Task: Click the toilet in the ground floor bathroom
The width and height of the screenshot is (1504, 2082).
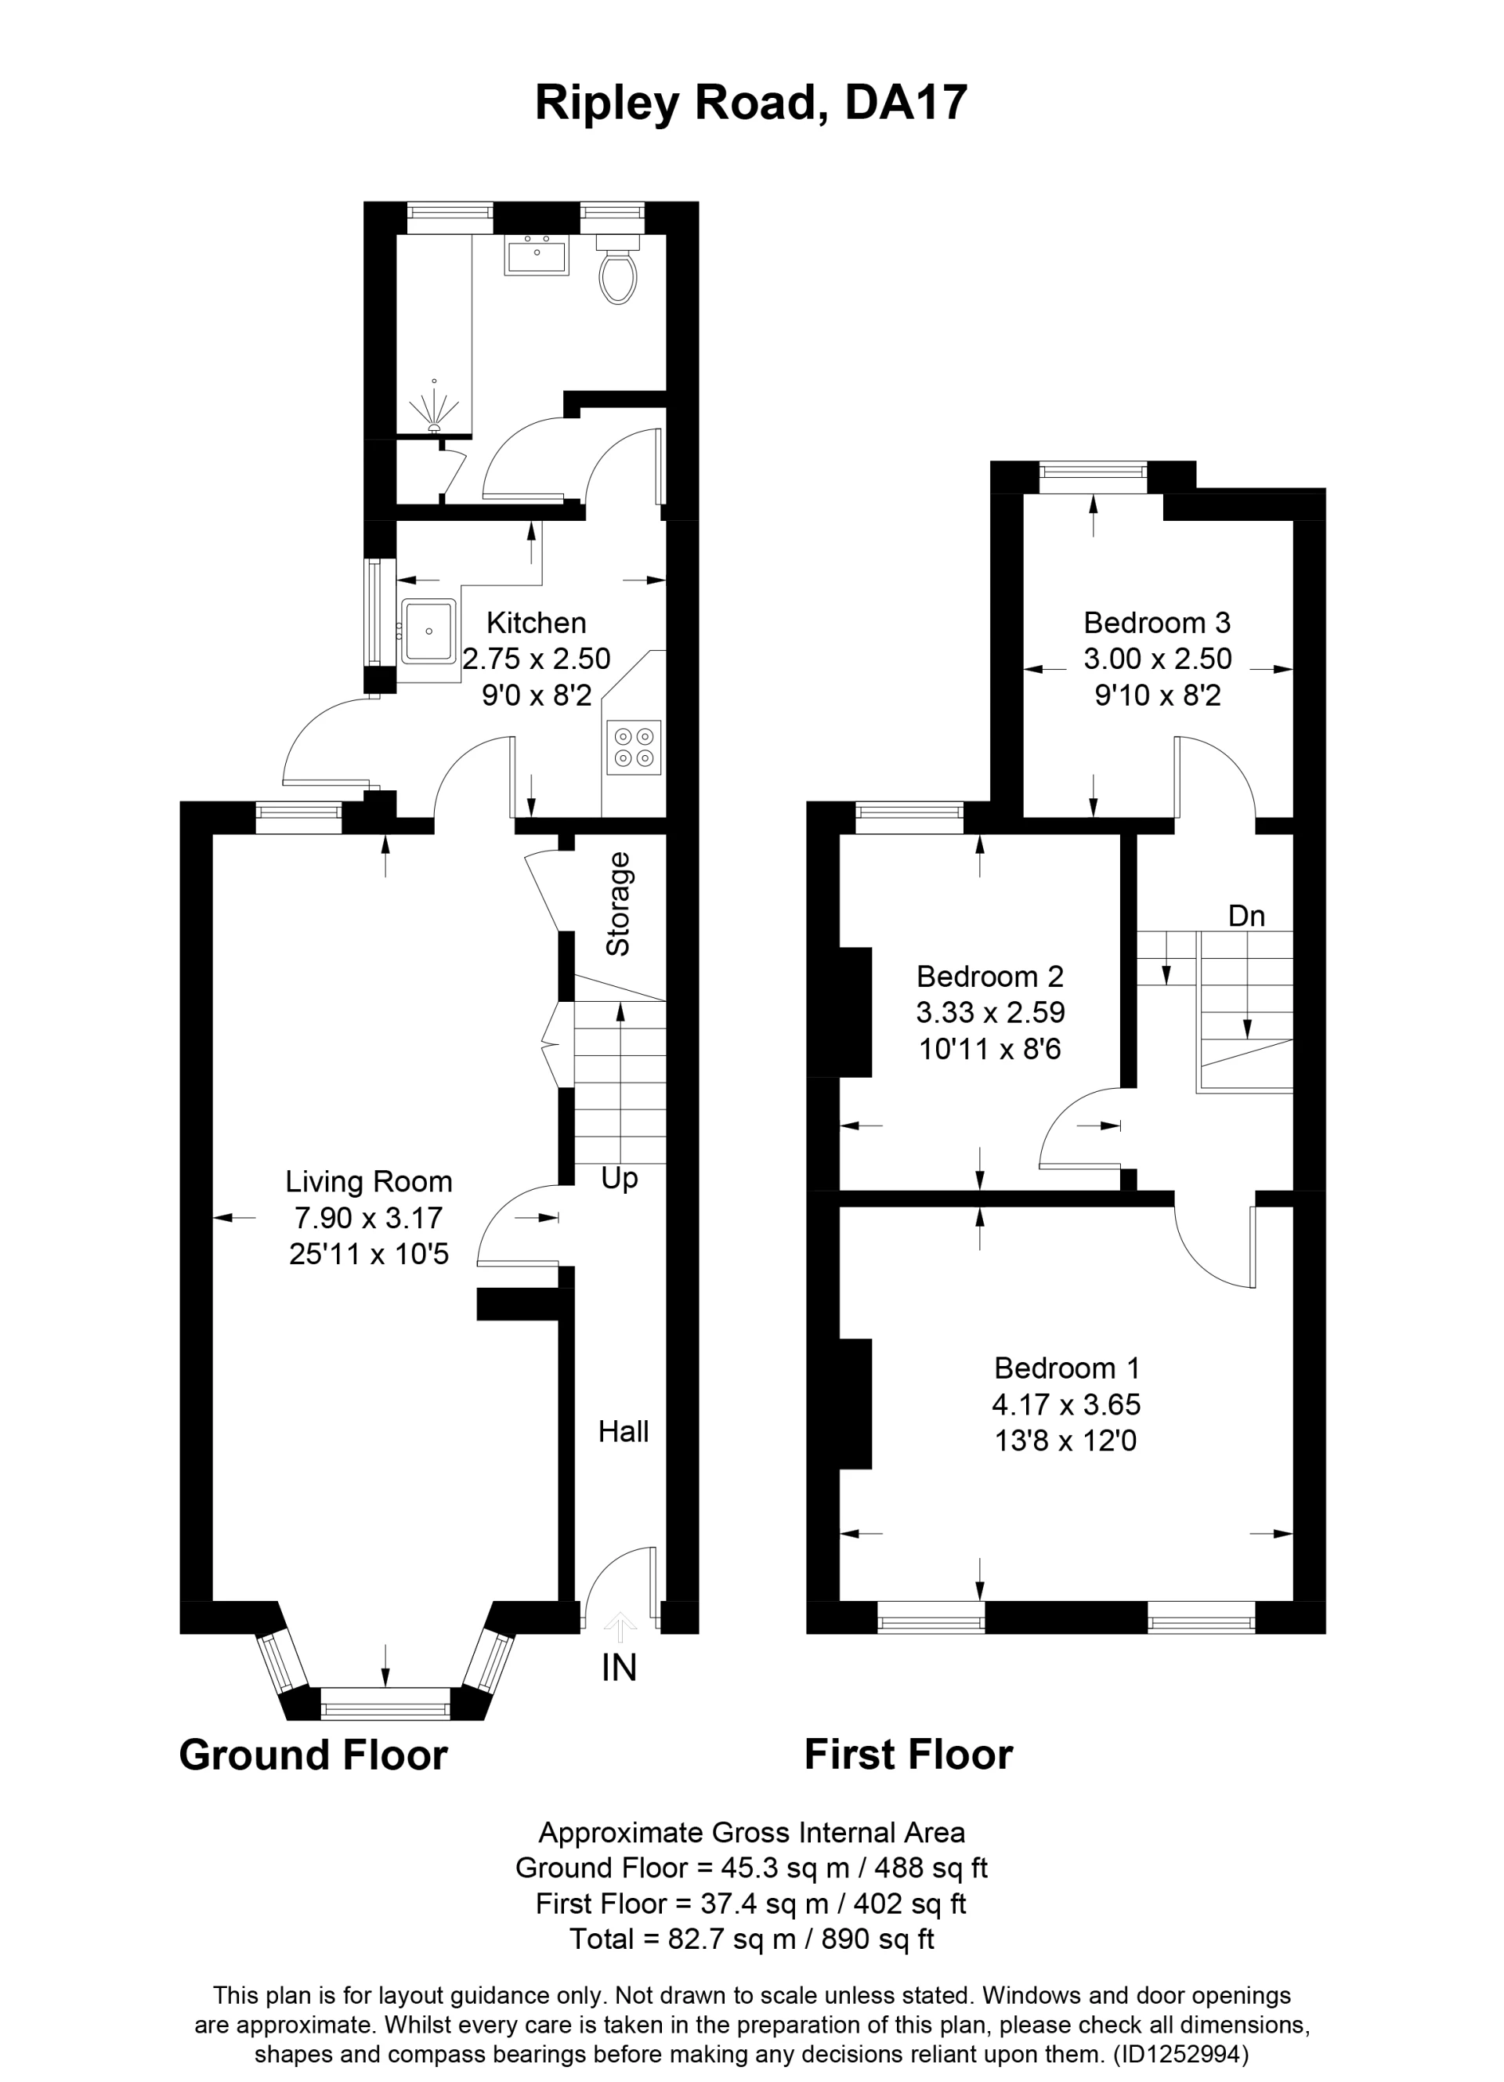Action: tap(617, 271)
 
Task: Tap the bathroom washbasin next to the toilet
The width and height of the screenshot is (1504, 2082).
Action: tap(537, 255)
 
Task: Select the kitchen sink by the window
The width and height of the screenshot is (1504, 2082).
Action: tap(428, 631)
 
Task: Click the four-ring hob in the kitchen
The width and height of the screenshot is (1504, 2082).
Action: tap(634, 746)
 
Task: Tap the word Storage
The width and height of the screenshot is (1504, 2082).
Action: tap(619, 904)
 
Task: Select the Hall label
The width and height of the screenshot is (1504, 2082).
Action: tap(624, 1431)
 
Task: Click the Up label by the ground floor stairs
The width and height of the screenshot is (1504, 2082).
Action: tap(619, 1179)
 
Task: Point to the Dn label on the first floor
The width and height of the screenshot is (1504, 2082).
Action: tap(1246, 916)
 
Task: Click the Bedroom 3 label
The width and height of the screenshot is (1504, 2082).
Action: tap(1156, 623)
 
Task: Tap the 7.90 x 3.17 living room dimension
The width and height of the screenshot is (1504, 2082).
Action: tap(368, 1217)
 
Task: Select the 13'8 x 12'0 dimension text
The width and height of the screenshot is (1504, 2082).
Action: tap(1065, 1441)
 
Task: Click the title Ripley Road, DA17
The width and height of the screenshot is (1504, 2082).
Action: tap(750, 103)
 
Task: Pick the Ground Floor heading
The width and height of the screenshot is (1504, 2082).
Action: tap(313, 1755)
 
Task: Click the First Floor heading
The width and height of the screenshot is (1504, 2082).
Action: tap(908, 1755)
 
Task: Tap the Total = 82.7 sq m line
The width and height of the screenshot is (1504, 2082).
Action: tap(750, 1939)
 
